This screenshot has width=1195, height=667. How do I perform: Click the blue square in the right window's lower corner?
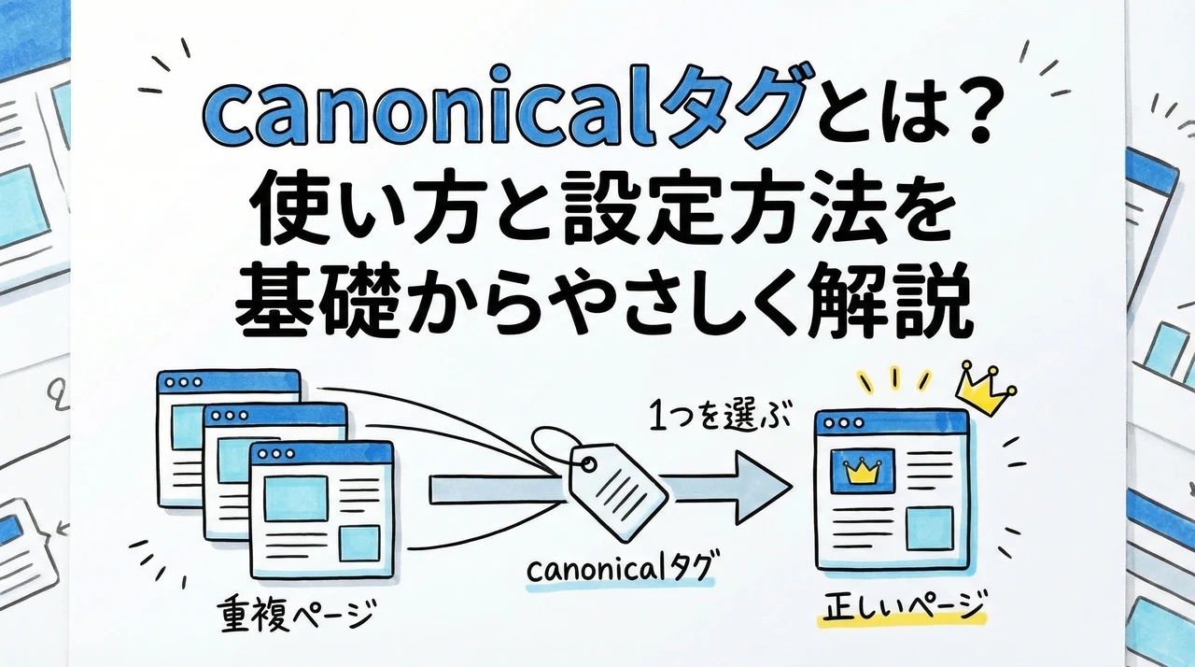coord(928,529)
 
